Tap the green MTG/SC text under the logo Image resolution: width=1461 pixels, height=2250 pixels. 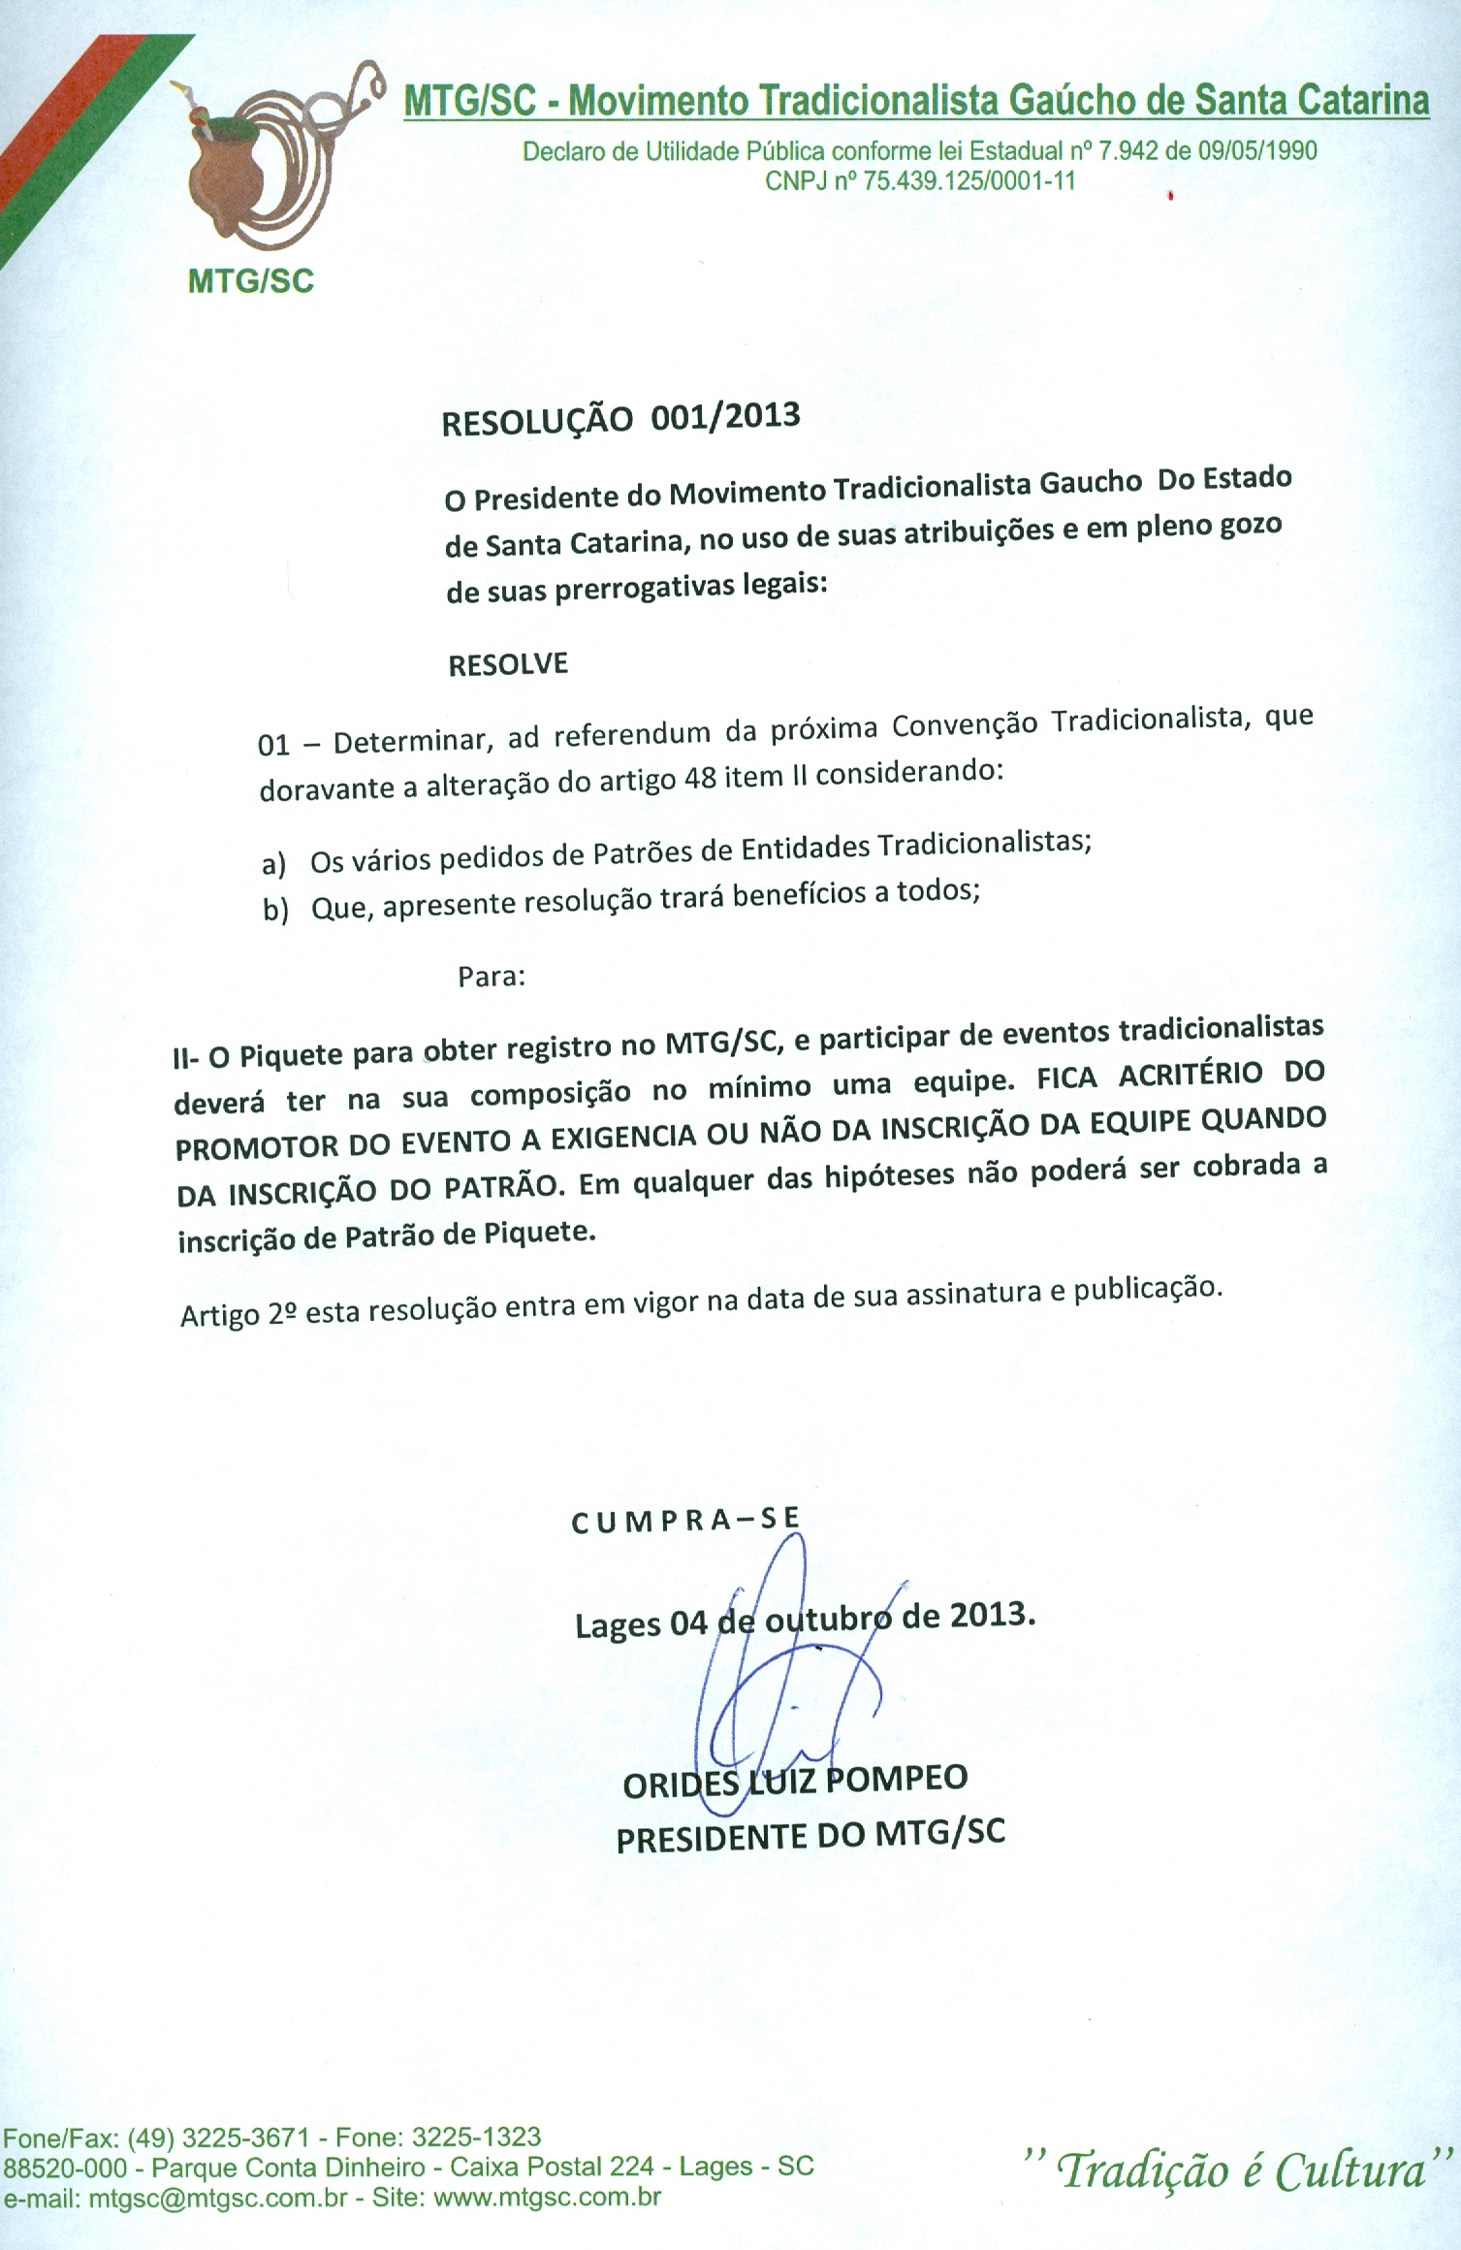251,281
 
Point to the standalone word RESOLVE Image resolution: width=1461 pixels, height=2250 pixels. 508,665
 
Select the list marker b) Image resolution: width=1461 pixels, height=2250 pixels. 275,910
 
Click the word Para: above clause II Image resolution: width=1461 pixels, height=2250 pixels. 492,977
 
